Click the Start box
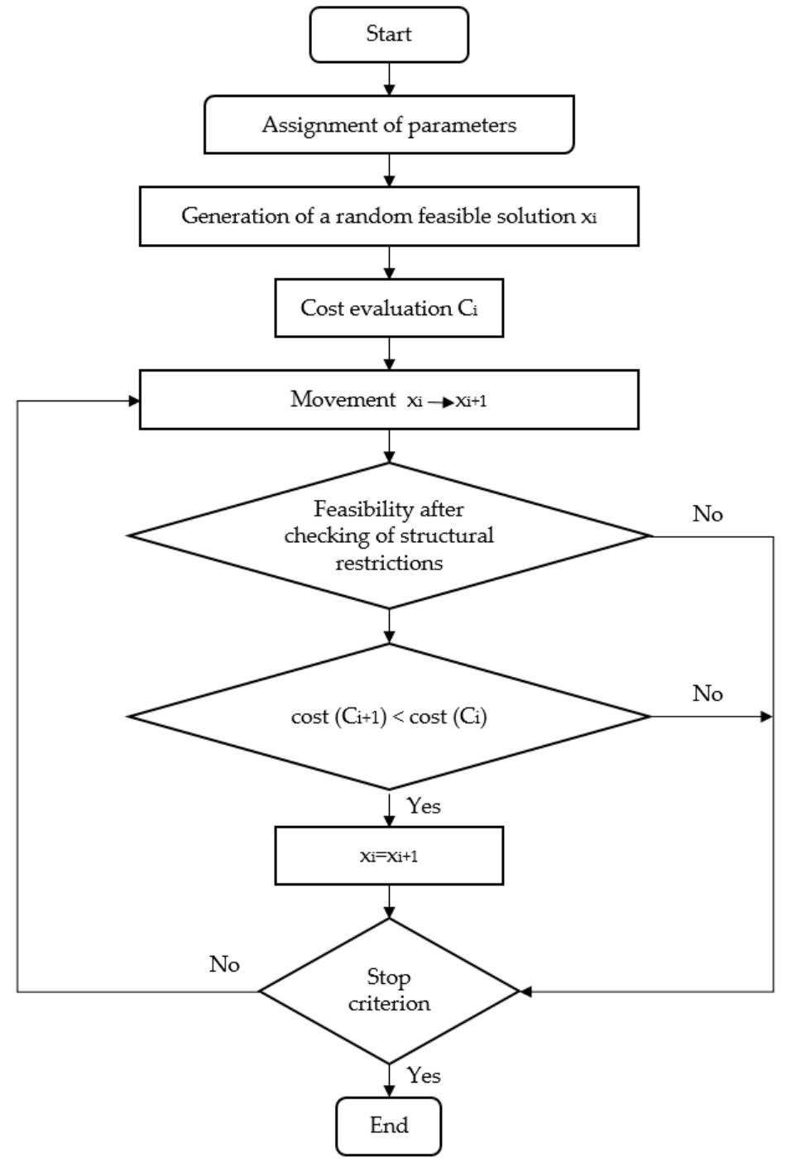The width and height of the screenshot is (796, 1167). point(389,35)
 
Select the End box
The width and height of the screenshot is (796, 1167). point(388,1126)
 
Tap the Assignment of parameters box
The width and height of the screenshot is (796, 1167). point(389,125)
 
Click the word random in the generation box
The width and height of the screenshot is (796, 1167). point(382,216)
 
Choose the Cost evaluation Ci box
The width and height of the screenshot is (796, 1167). point(389,308)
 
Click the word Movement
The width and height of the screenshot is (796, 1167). point(343,400)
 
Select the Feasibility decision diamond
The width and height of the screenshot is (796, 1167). point(389,535)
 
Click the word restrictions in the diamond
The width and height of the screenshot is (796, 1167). point(389,564)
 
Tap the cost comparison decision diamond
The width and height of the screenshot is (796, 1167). point(389,717)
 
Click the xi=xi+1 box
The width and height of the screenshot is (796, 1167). point(389,856)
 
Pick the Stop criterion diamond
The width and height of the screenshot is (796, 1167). point(389,991)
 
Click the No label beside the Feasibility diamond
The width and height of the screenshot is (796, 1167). point(707,515)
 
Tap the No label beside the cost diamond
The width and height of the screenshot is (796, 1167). point(707,694)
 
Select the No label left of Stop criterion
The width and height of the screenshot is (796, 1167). point(224,965)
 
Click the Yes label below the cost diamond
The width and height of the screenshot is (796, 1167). point(424,806)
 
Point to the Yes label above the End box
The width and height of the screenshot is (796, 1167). point(424,1076)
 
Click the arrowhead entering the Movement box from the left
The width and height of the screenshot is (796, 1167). point(133,401)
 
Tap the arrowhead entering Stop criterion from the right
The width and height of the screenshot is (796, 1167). point(525,991)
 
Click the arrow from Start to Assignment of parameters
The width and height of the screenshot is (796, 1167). point(389,79)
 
